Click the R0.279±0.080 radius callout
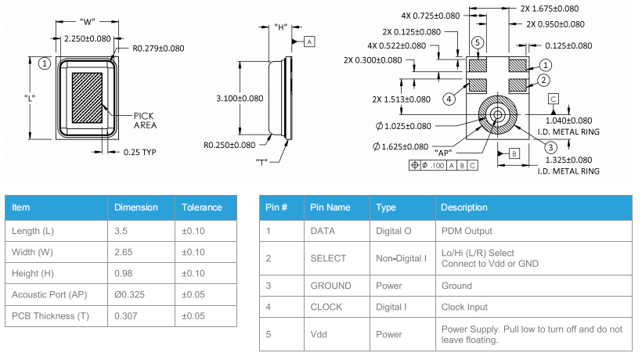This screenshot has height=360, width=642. (158, 49)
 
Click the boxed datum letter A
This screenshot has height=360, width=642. (310, 41)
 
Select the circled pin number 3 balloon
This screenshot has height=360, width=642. (551, 147)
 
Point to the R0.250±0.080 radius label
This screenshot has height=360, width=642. (229, 145)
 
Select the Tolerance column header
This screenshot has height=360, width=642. (202, 207)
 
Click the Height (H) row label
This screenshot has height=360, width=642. (38, 272)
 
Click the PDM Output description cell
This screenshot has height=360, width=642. (467, 231)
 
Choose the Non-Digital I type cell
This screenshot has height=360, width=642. (401, 258)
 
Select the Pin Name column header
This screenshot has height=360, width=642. (330, 207)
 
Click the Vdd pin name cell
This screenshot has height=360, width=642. (319, 334)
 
